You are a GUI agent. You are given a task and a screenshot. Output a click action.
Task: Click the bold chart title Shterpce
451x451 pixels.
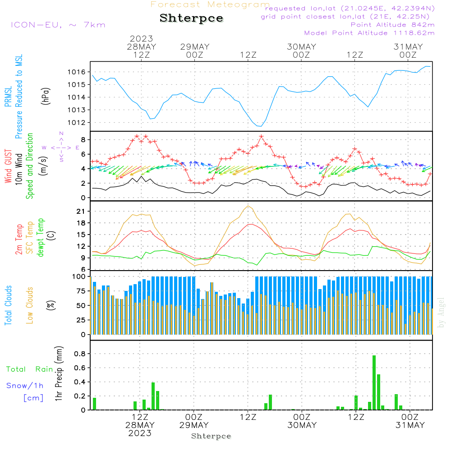(191, 18)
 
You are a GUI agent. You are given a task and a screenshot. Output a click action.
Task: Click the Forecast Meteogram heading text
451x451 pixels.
(210, 5)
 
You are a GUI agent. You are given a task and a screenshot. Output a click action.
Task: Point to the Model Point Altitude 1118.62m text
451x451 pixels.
(369, 33)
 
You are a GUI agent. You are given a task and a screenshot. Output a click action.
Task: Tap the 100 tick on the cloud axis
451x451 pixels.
(79, 276)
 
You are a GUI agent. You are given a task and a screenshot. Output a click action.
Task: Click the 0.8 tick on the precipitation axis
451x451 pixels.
(80, 354)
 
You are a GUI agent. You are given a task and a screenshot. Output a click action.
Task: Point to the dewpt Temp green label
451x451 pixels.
(41, 238)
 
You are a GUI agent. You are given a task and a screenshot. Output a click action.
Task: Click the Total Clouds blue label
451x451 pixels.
(9, 305)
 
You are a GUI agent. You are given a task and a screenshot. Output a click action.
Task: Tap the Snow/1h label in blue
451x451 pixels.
(25, 386)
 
